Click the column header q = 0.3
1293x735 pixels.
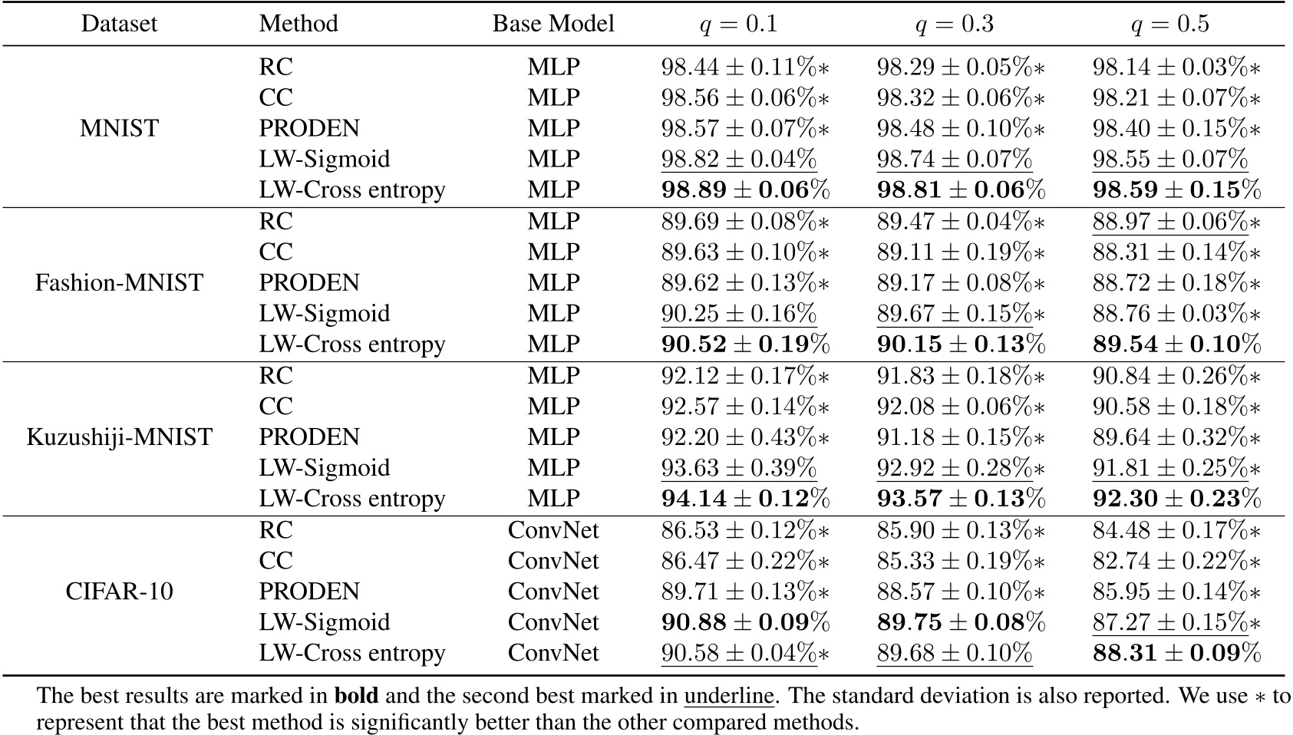[955, 24]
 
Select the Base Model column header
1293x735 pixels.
[553, 24]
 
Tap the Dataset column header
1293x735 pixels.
[119, 24]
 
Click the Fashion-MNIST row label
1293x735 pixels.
[119, 282]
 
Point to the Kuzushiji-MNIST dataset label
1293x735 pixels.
[119, 437]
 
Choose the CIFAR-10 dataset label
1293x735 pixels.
[119, 592]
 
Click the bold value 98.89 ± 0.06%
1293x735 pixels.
[745, 190]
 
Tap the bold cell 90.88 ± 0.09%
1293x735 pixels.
[745, 621]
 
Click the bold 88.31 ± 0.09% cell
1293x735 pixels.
[1176, 653]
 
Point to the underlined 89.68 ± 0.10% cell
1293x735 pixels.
[955, 653]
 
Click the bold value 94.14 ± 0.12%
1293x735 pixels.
[745, 499]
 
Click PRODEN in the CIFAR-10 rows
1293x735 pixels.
[309, 592]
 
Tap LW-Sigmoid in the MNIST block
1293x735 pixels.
[325, 159]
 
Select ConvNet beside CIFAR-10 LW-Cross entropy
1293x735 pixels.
[553, 653]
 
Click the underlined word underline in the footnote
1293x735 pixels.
[728, 696]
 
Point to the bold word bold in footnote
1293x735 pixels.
[355, 696]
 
